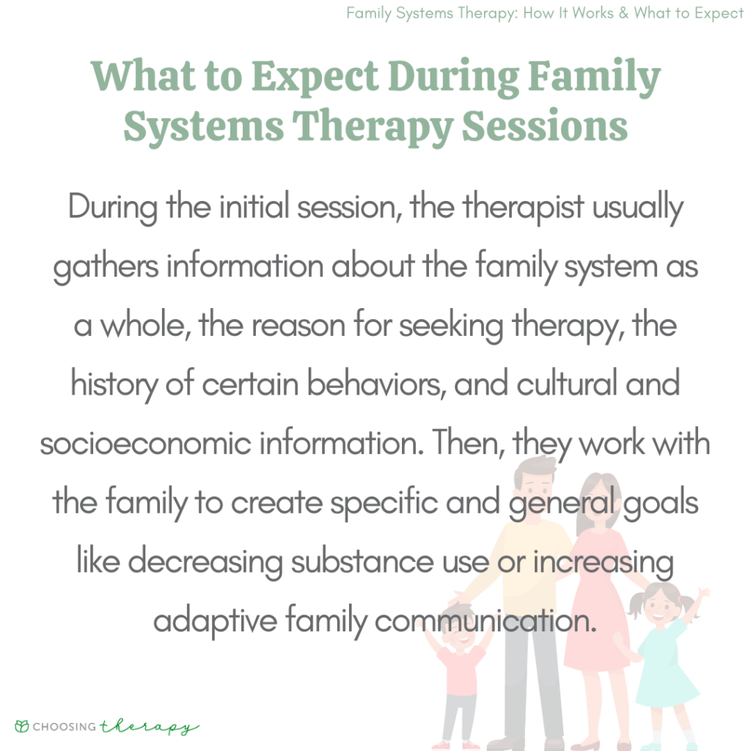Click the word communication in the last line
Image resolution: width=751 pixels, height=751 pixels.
(484, 621)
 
